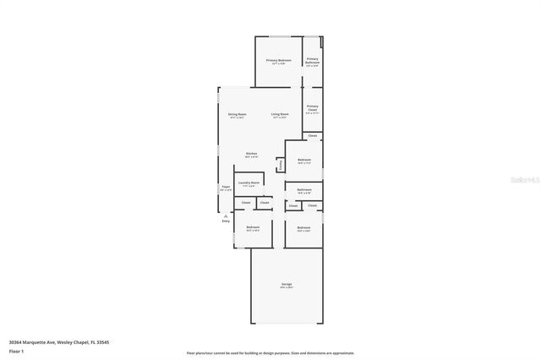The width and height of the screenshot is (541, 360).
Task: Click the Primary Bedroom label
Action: (x=279, y=60)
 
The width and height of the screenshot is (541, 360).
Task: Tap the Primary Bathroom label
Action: (x=312, y=61)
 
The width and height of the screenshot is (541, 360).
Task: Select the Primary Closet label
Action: (x=312, y=107)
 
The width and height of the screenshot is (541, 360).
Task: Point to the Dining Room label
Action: (x=237, y=114)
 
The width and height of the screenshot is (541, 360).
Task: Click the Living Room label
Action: (x=280, y=114)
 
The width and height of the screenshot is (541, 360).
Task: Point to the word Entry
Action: (x=226, y=244)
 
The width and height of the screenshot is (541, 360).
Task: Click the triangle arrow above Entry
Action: (x=226, y=239)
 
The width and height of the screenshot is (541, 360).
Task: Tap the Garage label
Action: (x=287, y=284)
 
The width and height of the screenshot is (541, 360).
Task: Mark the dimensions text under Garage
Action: (x=287, y=288)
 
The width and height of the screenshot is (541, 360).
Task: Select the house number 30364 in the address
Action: (x=16, y=342)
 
